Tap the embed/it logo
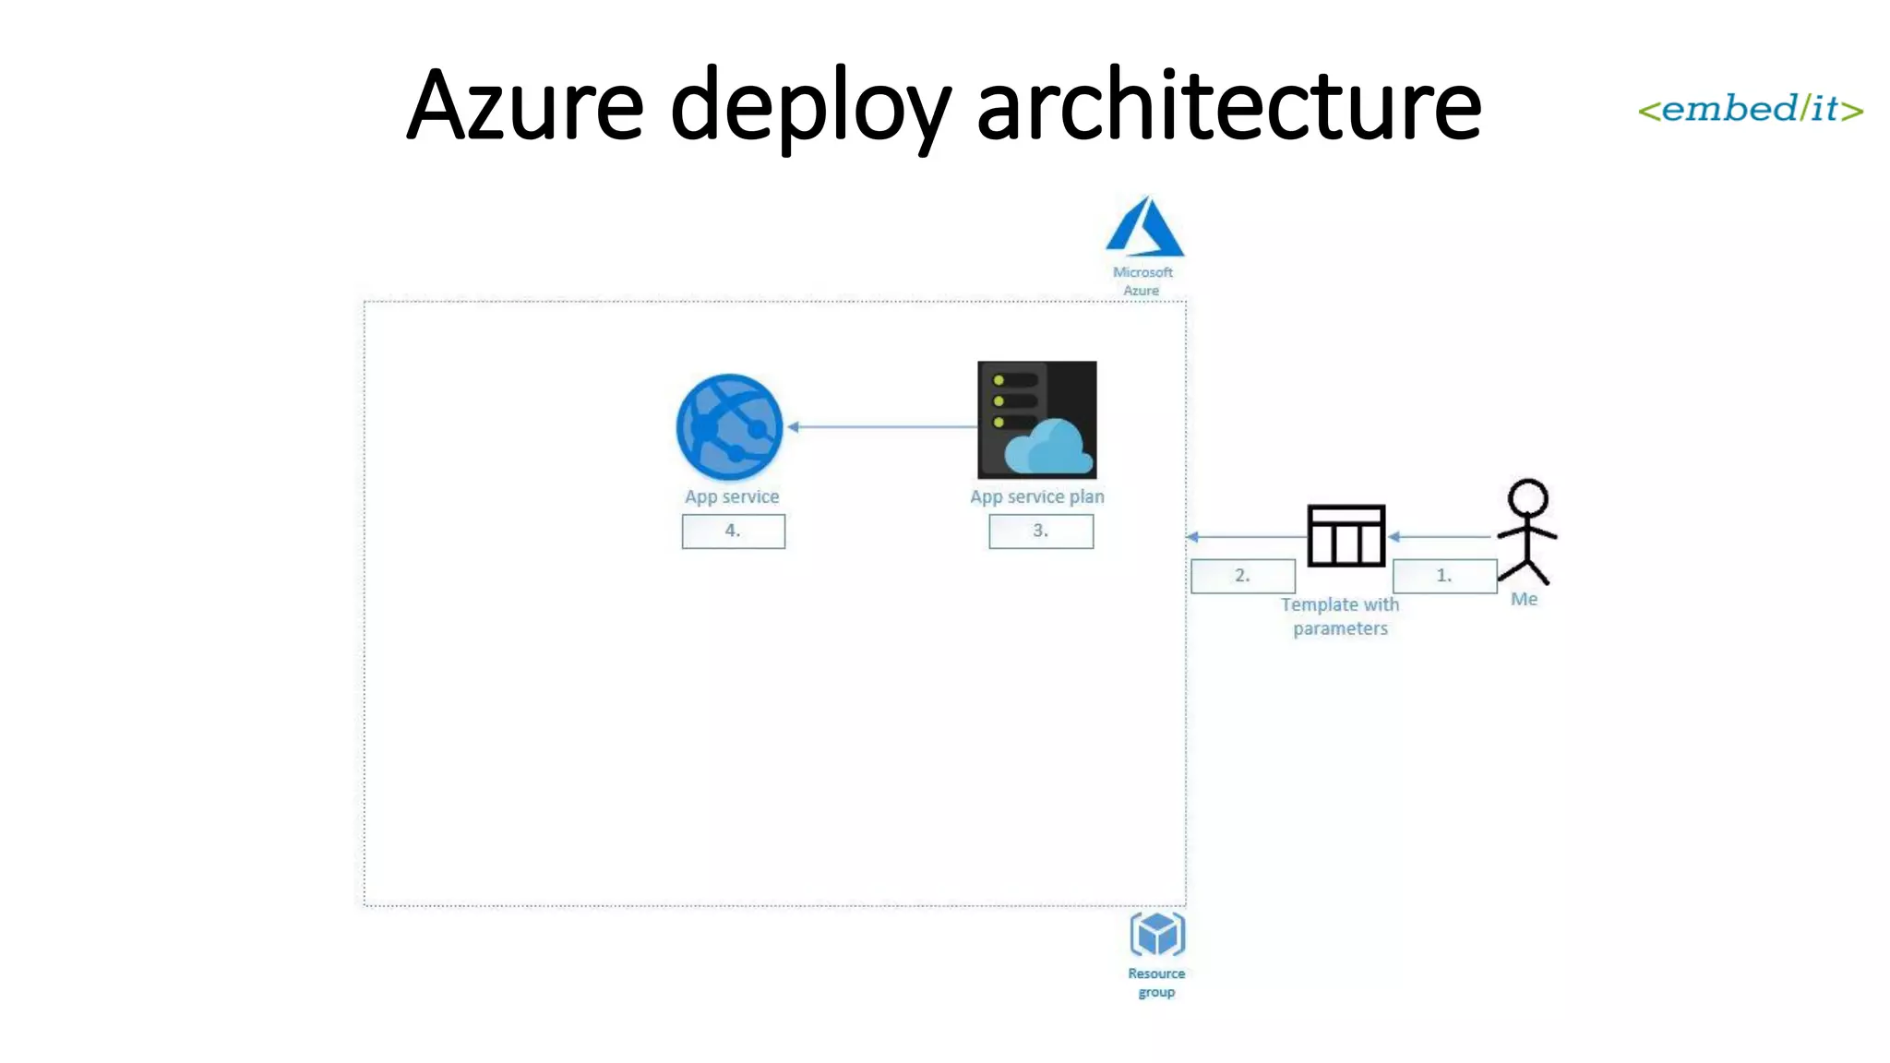tap(1750, 109)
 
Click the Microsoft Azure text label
tap(1142, 281)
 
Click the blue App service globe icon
tap(729, 426)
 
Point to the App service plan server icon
tap(1037, 420)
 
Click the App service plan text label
tap(1036, 496)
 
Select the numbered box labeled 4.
tap(733, 531)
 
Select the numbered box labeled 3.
tap(1041, 531)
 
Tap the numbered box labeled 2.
tap(1242, 576)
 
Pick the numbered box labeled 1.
tap(1444, 576)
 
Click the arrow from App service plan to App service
tap(881, 426)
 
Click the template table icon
tap(1346, 535)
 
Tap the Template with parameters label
tap(1340, 616)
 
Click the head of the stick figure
tap(1527, 498)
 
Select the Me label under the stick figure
tap(1524, 599)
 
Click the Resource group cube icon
tap(1157, 935)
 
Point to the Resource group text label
tap(1156, 983)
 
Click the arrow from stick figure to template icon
tap(1440, 536)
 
